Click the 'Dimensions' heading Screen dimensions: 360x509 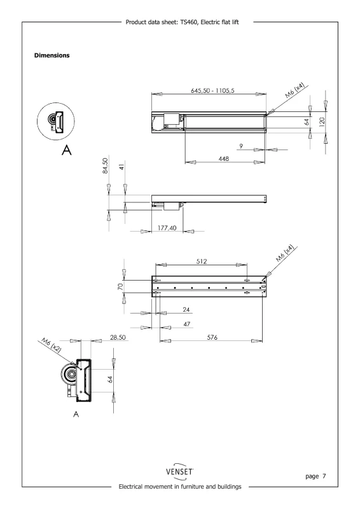pyautogui.click(x=52, y=55)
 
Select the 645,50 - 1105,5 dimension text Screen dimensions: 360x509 pyautogui.click(x=212, y=90)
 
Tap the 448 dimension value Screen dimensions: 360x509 pyautogui.click(x=224, y=158)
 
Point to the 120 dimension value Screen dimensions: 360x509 pyautogui.click(x=322, y=122)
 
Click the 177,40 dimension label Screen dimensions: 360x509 pyautogui.click(x=167, y=228)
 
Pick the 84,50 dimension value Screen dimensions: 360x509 pyautogui.click(x=105, y=165)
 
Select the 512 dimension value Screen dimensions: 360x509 pyautogui.click(x=202, y=261)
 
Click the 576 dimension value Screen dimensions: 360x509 pyautogui.click(x=212, y=337)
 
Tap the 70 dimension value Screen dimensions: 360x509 pyautogui.click(x=120, y=287)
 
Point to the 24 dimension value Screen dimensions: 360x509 pyautogui.click(x=186, y=309)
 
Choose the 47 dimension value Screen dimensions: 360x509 pyautogui.click(x=186, y=324)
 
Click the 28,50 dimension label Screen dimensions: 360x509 pyautogui.click(x=118, y=337)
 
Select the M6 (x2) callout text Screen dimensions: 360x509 pyautogui.click(x=52, y=345)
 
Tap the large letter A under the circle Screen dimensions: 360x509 pyautogui.click(x=67, y=150)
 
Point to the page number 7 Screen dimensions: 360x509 pyautogui.click(x=324, y=476)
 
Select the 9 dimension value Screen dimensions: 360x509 pyautogui.click(x=241, y=146)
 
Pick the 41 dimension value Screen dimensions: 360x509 pyautogui.click(x=122, y=167)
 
